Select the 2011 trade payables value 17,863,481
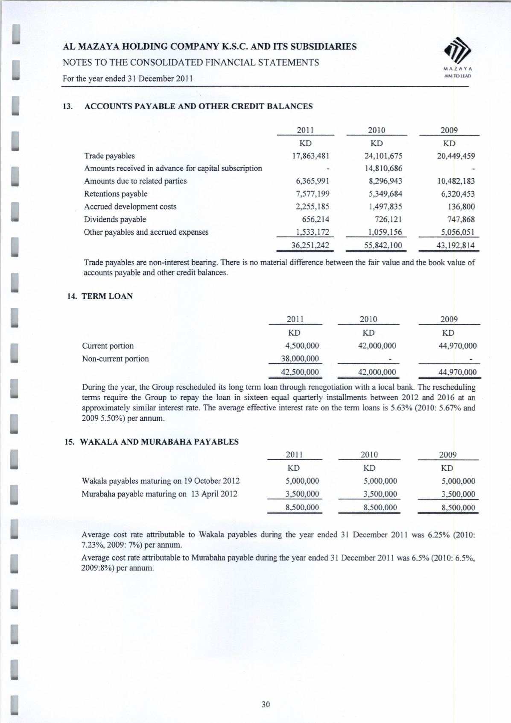(310, 156)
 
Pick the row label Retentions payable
(116, 194)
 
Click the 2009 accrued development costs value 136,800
(460, 207)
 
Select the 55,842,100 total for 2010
(379, 245)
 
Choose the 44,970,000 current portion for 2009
(458, 346)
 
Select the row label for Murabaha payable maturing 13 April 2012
(159, 494)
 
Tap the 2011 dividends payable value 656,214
(316, 219)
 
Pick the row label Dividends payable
(115, 219)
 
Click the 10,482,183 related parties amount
(454, 181)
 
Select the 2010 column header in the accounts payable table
(376, 130)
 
